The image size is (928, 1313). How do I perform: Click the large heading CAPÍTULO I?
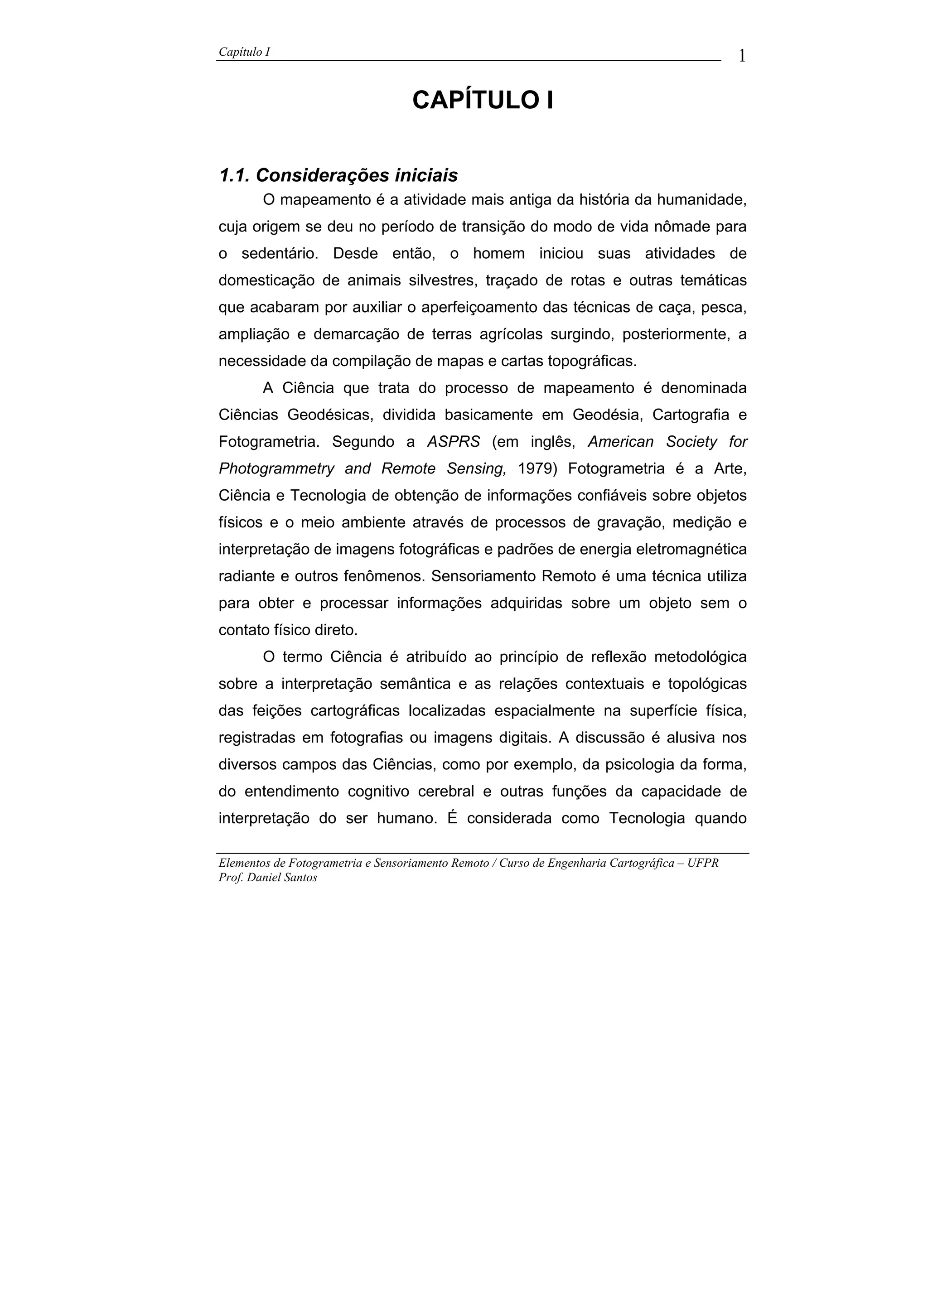(x=483, y=101)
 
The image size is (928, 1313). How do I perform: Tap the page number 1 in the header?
(x=742, y=56)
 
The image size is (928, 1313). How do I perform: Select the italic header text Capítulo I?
(x=244, y=52)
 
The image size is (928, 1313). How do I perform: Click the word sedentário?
(x=280, y=254)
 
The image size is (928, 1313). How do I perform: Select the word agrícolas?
(x=511, y=334)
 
